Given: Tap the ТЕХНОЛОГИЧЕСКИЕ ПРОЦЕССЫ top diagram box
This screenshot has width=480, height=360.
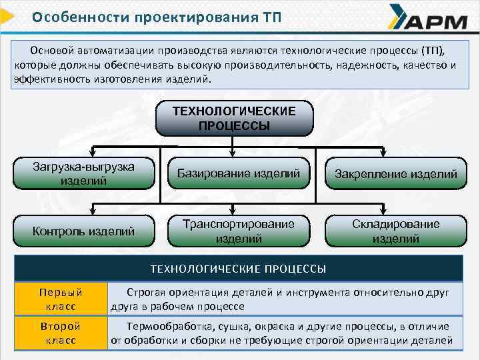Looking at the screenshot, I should click(233, 117).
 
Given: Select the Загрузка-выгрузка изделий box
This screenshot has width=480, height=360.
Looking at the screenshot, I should click(84, 173).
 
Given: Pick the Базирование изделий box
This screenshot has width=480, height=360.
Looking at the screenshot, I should click(238, 173).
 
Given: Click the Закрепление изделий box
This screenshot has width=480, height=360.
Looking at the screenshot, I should click(395, 175).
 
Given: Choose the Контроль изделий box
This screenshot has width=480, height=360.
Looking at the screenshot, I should click(84, 231).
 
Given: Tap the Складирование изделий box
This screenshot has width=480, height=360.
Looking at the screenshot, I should click(395, 231).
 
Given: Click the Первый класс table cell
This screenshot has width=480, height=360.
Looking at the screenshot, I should click(61, 299).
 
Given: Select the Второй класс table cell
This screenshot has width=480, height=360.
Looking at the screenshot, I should click(61, 333).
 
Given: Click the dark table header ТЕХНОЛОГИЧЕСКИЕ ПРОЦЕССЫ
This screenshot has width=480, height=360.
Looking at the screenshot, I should click(238, 269).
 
